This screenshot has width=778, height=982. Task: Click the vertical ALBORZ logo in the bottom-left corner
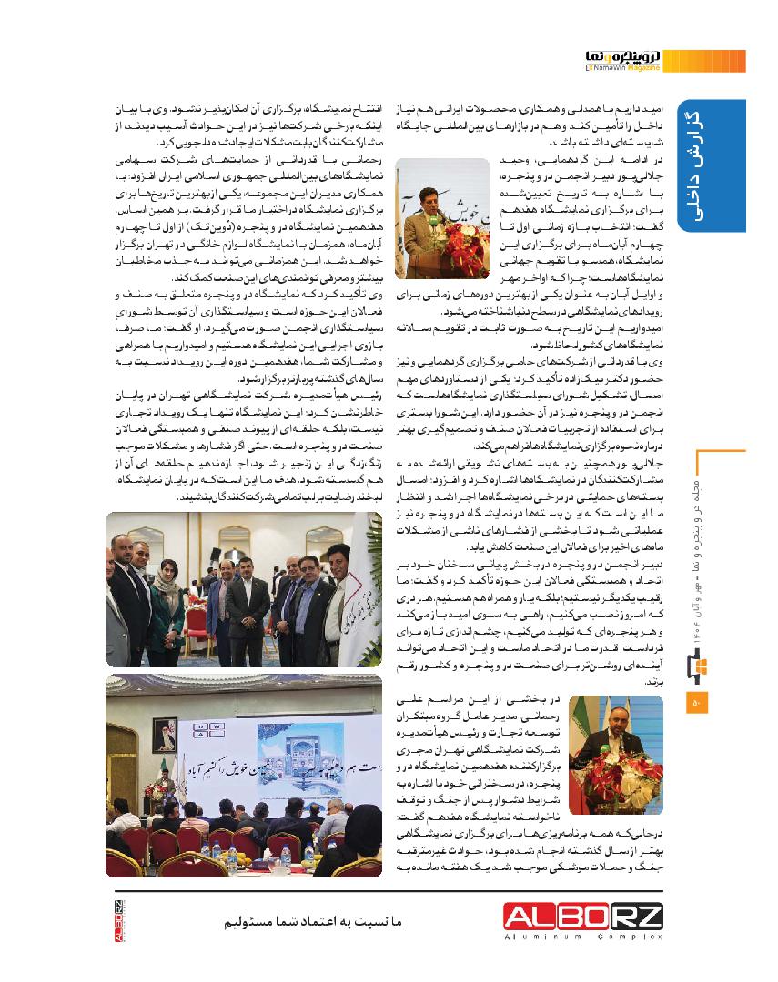click(x=119, y=920)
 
